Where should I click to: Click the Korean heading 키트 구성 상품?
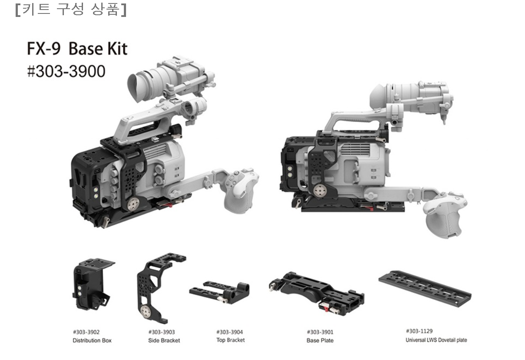click(x=71, y=10)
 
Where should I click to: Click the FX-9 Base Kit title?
click(x=77, y=49)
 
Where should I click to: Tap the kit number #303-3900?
click(x=66, y=71)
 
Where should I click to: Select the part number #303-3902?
click(x=86, y=332)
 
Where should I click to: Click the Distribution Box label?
click(x=92, y=340)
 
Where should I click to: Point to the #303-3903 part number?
click(x=162, y=332)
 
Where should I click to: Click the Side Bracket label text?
click(x=164, y=340)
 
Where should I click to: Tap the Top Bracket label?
click(x=230, y=340)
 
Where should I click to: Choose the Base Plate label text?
click(x=320, y=340)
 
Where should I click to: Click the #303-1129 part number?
click(x=419, y=331)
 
